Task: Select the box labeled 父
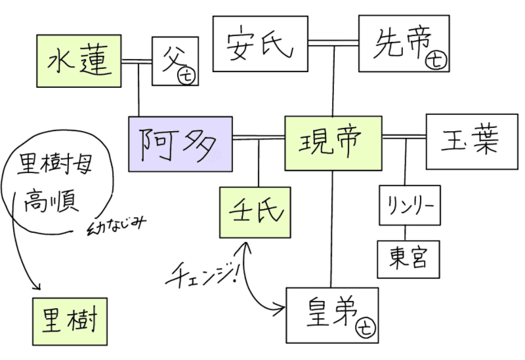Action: tap(175, 61)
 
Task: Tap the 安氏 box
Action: tap(261, 43)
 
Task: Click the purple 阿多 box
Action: tap(180, 144)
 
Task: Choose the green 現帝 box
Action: tap(333, 143)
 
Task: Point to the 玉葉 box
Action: tap(472, 142)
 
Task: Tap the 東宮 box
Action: tap(408, 258)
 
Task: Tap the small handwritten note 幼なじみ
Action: tap(115, 224)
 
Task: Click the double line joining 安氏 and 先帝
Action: tap(333, 43)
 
